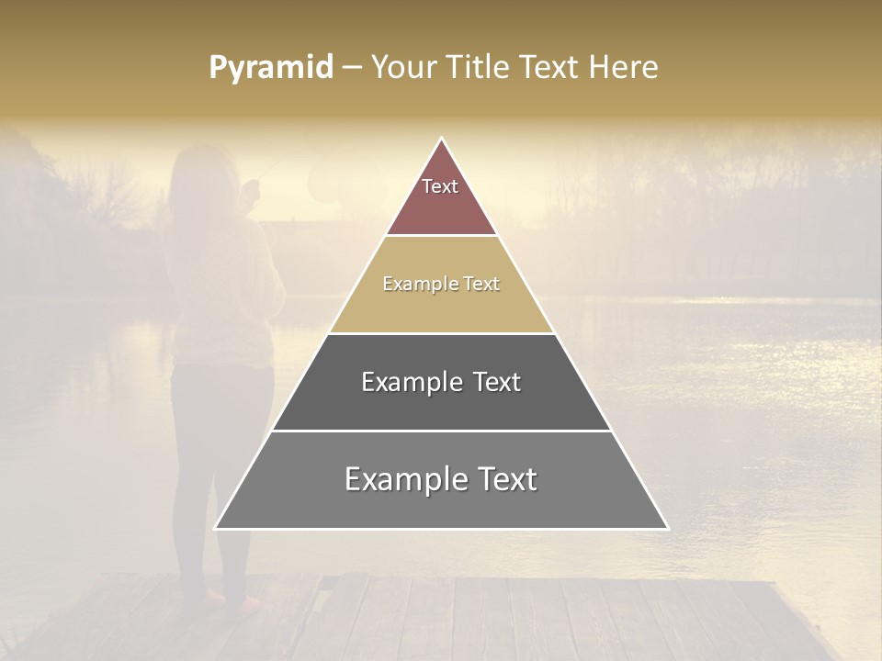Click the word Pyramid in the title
click(x=270, y=68)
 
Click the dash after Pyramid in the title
click(x=351, y=68)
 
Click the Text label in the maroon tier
click(x=440, y=186)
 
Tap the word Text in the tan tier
click(x=481, y=284)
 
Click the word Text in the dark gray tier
click(x=497, y=382)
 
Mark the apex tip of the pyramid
click(x=442, y=139)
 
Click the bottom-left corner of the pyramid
click(x=215, y=529)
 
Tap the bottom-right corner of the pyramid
click(x=668, y=529)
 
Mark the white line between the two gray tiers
click(x=442, y=431)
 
